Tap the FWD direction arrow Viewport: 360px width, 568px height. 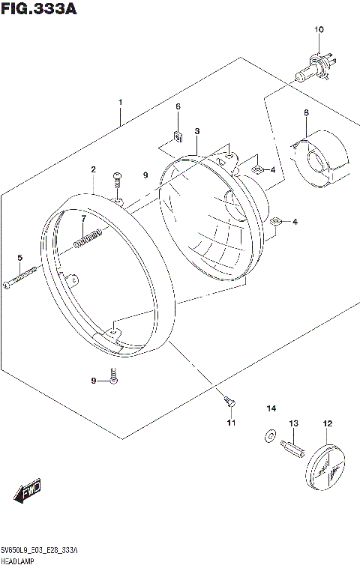[27, 492]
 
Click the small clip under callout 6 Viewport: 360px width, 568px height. [178, 136]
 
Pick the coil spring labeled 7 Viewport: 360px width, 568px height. [88, 238]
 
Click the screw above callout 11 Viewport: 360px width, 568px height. [230, 403]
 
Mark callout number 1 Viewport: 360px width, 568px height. [119, 102]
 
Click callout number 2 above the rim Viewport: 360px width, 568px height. [93, 170]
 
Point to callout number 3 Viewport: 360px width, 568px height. [196, 132]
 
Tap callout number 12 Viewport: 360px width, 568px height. [327, 424]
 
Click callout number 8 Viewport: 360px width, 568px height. [306, 112]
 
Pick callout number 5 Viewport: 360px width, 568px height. [19, 258]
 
